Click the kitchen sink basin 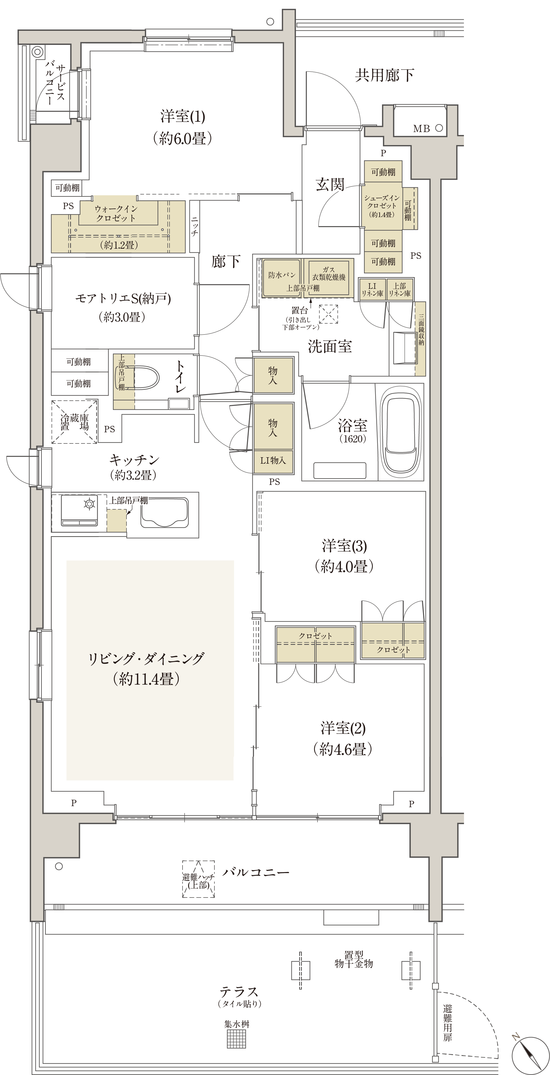[x=164, y=512]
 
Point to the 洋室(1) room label [x=183, y=116]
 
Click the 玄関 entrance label [x=330, y=184]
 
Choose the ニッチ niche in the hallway [x=194, y=226]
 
